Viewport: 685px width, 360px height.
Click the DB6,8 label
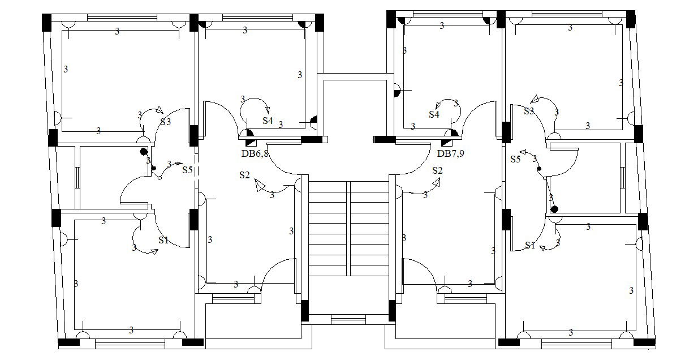255,153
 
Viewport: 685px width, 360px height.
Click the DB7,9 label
450,153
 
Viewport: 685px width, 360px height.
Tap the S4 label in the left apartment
268,121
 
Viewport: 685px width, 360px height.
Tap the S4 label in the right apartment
434,114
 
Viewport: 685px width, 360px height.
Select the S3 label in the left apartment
165,121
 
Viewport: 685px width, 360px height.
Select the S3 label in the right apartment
528,111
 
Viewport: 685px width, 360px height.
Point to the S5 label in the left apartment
187,169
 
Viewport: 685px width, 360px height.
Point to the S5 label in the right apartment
515,159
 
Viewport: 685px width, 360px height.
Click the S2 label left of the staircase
244,175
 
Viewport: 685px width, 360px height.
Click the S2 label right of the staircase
437,170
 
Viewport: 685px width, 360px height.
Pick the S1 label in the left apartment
163,240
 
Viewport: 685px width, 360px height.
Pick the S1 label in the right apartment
529,245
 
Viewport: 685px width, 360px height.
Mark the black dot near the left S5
144,151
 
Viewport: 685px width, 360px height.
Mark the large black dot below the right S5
554,209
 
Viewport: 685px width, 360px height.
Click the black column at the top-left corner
46,22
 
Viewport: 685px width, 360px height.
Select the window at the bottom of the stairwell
348,320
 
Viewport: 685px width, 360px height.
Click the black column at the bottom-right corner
644,342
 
